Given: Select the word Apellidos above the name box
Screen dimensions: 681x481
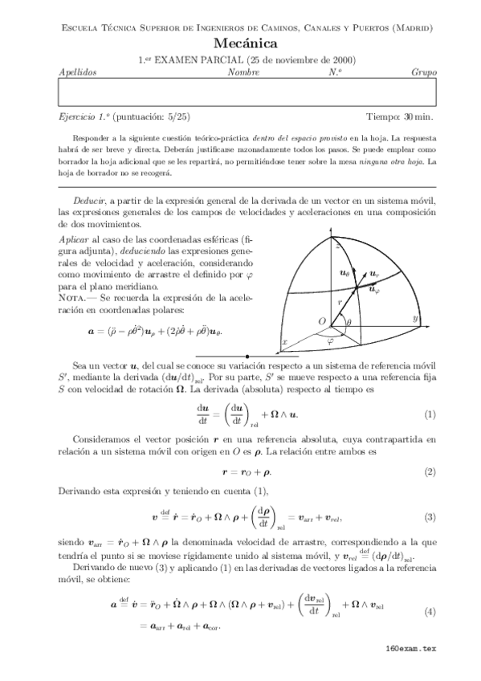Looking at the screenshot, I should (78, 72).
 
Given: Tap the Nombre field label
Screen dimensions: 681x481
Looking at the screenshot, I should (243, 72).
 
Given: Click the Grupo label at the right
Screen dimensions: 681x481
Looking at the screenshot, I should (423, 72).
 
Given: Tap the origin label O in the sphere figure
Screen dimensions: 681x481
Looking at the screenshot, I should (321, 321).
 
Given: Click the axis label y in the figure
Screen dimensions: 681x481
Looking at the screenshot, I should (415, 319).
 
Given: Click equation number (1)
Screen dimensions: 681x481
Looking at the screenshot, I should (430, 415).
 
